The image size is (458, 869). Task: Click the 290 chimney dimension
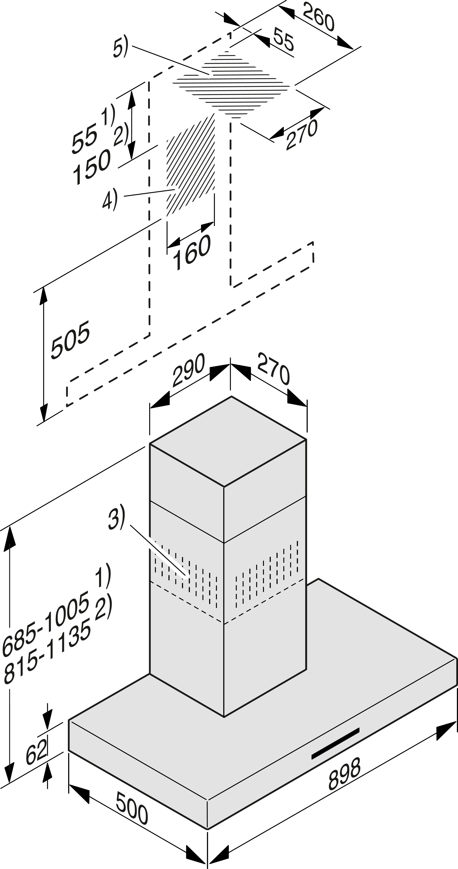(188, 370)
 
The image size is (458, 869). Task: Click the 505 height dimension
(70, 339)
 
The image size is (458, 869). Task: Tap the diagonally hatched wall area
(191, 165)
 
